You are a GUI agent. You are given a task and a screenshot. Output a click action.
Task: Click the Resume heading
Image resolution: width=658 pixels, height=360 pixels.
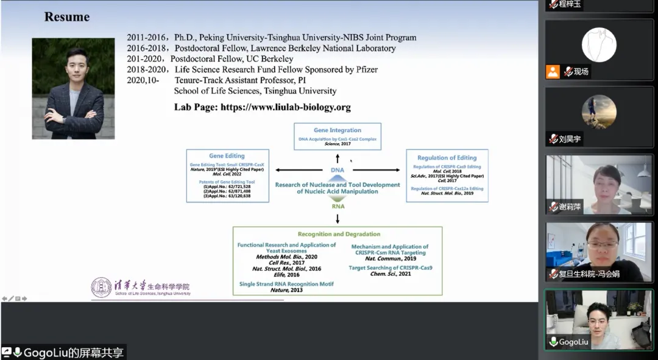point(67,17)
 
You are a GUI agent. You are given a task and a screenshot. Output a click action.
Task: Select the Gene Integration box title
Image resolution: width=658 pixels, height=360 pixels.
point(338,130)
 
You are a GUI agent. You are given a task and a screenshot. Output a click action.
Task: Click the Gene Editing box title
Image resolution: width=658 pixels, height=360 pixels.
point(227,156)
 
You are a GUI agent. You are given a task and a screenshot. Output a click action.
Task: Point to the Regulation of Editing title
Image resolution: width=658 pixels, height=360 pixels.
point(447,157)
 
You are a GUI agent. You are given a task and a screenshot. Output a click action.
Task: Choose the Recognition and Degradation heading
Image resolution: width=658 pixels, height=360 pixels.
point(339,234)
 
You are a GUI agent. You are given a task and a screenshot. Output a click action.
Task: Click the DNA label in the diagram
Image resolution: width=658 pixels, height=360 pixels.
point(338,170)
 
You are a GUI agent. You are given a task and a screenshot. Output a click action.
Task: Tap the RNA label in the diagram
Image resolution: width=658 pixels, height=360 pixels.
point(338,206)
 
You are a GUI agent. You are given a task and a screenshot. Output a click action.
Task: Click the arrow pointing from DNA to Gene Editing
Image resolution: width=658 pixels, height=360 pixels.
point(299,170)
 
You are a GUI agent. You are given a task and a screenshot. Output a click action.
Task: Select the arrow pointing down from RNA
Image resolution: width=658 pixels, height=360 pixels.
point(338,217)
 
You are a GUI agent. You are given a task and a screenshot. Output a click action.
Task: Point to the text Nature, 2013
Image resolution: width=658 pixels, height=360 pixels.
point(286,290)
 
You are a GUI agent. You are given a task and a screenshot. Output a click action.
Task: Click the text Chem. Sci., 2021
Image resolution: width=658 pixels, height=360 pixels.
point(391,274)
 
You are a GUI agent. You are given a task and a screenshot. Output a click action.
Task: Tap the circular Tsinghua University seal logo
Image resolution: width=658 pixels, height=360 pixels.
point(101,288)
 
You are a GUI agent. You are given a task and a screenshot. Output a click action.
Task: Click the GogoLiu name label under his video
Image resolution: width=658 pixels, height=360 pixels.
point(574,342)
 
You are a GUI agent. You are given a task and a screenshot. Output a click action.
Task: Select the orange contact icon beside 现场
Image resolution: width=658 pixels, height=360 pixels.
point(553,72)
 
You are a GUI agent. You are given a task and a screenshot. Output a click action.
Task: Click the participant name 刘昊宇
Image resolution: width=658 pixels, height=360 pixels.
point(570,139)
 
